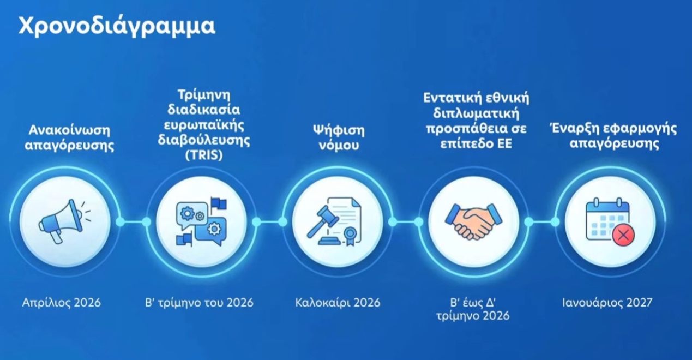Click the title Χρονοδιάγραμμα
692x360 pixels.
coord(117,27)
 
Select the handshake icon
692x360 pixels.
coord(473,221)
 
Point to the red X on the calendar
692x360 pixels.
coord(623,235)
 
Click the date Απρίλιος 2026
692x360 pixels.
coord(62,303)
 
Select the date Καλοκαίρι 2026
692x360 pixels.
coord(338,303)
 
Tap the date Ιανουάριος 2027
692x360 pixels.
coord(607,302)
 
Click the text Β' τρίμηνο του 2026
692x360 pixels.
coord(199,303)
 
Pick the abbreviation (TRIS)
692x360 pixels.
coord(204,155)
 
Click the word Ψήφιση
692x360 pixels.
coord(339,131)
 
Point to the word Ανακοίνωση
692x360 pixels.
coord(69,130)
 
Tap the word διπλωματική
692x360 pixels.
coord(476,113)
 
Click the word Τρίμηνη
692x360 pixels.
coord(204,95)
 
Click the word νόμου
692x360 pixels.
coord(339,146)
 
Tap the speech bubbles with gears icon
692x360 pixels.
coord(201,221)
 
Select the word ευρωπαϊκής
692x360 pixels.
coord(204,126)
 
